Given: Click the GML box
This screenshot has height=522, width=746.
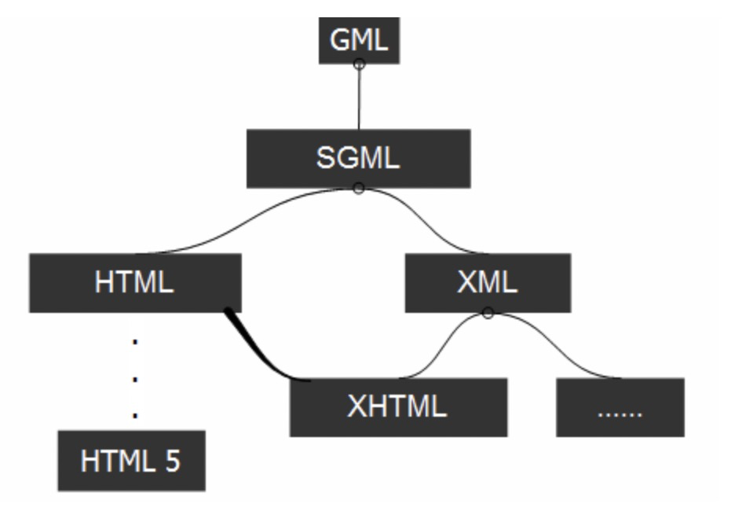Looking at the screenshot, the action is pos(359,40).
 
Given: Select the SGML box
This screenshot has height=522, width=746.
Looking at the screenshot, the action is pos(359,159).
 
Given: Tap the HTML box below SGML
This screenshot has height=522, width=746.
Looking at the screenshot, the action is pos(136,283).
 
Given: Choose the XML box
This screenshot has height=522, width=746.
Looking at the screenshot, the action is pos(488,283).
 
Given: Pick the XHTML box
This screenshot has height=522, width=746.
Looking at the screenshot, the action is pos(399,407).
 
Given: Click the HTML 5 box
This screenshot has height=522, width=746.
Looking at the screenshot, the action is pos(132,461).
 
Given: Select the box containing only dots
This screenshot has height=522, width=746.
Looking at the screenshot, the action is pos(620,407).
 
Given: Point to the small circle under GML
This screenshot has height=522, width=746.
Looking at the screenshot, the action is pos(359,64).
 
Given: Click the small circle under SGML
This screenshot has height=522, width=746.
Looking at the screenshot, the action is pos(359,188).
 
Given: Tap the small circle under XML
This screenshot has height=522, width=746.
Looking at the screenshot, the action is pos(488,313).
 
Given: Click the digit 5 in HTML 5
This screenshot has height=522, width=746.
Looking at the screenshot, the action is pos(173,461).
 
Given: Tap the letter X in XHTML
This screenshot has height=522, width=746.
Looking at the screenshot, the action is pos(357,406).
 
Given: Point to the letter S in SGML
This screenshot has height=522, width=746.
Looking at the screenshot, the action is pos(325,158).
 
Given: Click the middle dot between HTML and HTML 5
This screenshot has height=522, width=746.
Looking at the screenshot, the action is pos(135,380).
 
